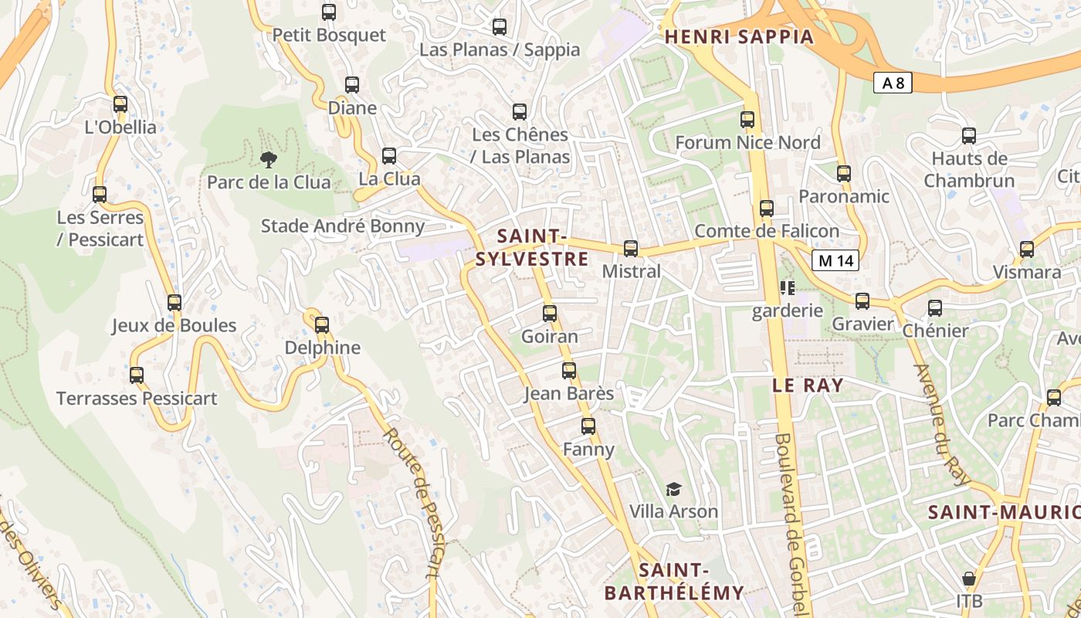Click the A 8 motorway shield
[x=893, y=83]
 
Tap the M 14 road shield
[x=836, y=260]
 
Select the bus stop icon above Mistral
[x=631, y=248]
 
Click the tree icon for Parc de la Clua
[x=268, y=160]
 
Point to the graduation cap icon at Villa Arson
[x=674, y=489]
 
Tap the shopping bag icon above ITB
[x=968, y=579]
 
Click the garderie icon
[x=788, y=289]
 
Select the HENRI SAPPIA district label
[x=739, y=36]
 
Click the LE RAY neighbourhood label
[x=808, y=385]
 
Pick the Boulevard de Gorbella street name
[x=791, y=525]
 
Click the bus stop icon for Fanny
[x=588, y=426]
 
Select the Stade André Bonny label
[x=343, y=226]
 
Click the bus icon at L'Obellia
[x=120, y=104]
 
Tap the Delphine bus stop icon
[x=322, y=324]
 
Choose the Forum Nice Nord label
[x=747, y=143]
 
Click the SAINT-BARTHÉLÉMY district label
[x=674, y=582]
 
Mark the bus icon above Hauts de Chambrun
[x=969, y=136]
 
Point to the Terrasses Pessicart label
[x=137, y=399]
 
